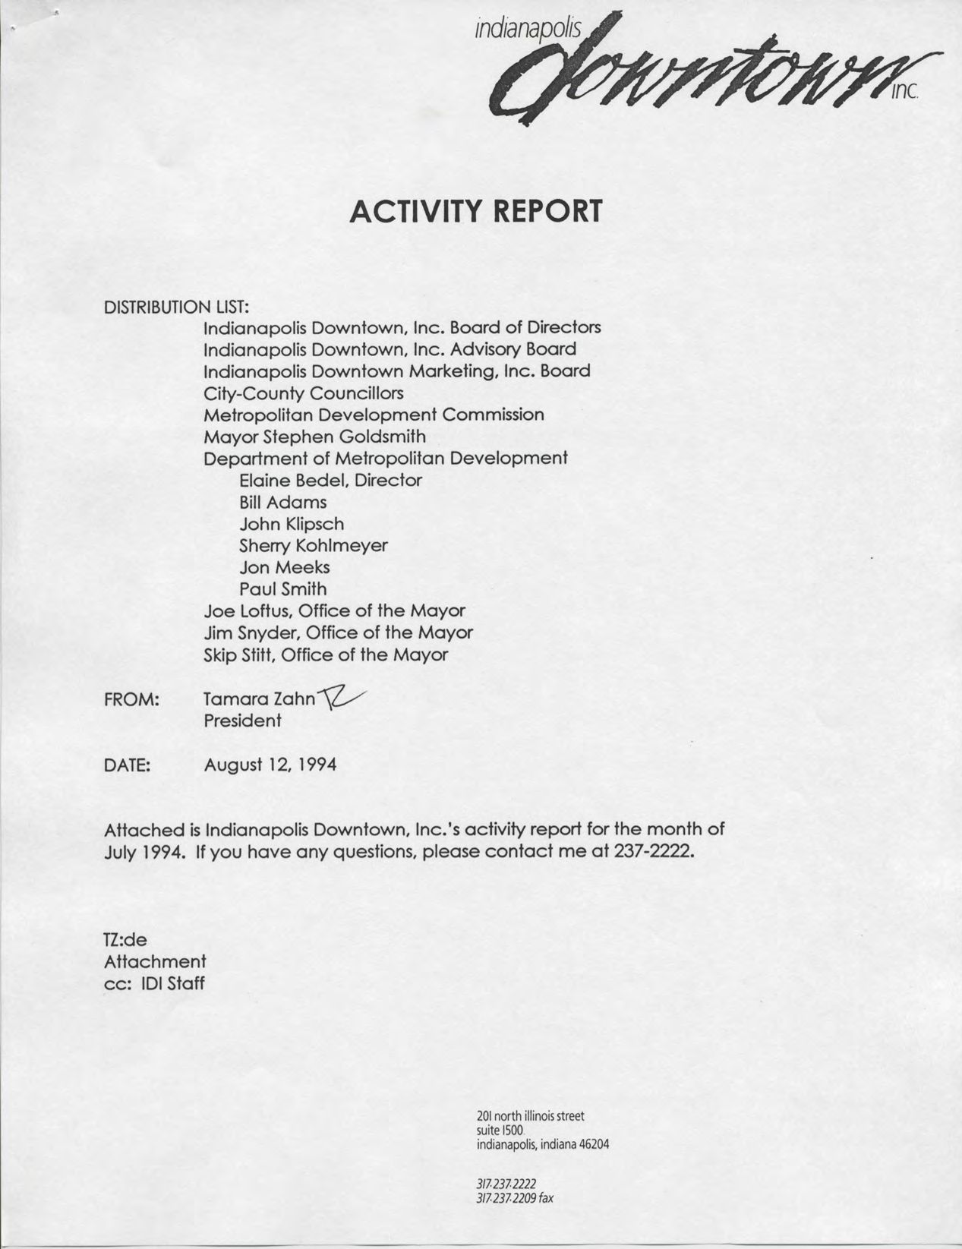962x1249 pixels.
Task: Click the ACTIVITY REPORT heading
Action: click(x=476, y=211)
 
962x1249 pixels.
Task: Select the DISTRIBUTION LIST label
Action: click(x=176, y=307)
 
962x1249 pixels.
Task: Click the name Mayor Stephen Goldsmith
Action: click(x=314, y=437)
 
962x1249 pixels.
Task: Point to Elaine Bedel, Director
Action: click(x=330, y=480)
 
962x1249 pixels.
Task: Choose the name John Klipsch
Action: click(x=292, y=524)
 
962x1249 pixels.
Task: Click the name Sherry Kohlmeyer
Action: click(x=313, y=545)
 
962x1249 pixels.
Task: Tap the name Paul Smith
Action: click(x=282, y=589)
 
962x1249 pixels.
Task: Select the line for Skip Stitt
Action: click(x=326, y=654)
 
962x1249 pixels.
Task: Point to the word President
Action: click(x=242, y=720)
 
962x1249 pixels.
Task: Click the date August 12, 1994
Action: click(x=270, y=764)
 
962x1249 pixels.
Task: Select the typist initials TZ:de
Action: click(x=125, y=940)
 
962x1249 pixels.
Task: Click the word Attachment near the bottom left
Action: click(x=155, y=962)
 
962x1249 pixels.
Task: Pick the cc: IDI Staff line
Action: click(x=153, y=984)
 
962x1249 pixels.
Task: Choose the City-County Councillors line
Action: click(x=303, y=393)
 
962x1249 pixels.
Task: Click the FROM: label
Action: click(x=131, y=699)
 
